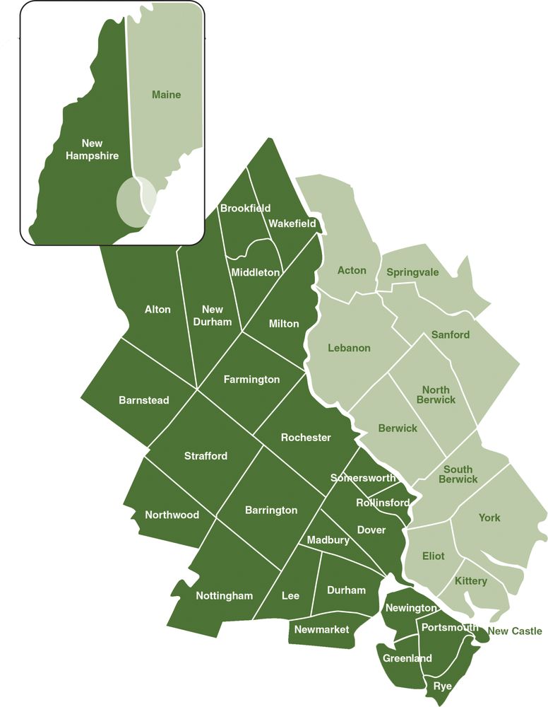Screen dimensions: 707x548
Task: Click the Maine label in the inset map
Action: (x=166, y=95)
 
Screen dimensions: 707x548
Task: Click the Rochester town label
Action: (x=306, y=438)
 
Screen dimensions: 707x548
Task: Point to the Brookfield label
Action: (x=245, y=208)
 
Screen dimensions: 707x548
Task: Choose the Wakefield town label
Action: (x=292, y=223)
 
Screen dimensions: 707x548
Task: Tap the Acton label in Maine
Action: (x=352, y=271)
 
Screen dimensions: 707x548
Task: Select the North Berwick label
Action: (x=439, y=395)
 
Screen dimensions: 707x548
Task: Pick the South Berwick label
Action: (x=458, y=474)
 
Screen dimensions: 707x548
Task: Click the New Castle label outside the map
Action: (x=515, y=631)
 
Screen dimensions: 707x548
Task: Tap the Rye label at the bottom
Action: (x=443, y=686)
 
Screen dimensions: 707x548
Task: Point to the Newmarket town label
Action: (x=321, y=629)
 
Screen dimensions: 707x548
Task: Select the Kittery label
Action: (x=471, y=581)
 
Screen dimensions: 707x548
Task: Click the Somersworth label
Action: (x=363, y=478)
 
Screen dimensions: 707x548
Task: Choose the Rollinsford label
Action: (x=383, y=503)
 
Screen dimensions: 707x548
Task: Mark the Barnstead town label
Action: (x=143, y=400)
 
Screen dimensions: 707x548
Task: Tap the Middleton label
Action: (x=256, y=271)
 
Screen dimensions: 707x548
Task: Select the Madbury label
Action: (x=328, y=540)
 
